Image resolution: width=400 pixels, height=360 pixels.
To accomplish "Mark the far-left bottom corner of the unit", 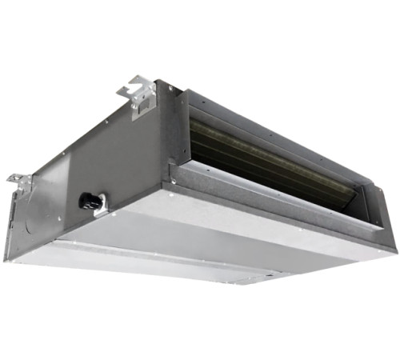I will tap(6, 258).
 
